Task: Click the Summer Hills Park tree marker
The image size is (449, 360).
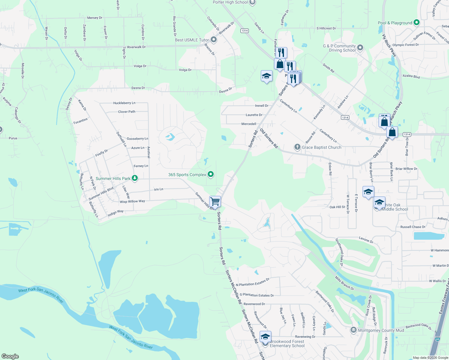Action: pos(135,178)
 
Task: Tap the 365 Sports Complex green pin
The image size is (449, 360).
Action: pos(211,174)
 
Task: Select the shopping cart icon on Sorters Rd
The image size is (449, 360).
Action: pos(215,201)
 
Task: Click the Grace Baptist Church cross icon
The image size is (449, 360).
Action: pos(297,147)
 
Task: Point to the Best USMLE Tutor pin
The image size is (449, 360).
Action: pos(214,40)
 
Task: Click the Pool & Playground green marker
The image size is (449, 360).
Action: pos(416,22)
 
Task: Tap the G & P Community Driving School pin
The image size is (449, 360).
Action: pos(360,48)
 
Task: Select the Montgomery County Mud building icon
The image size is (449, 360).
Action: pos(354,330)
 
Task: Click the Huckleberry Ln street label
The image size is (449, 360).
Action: pos(124,103)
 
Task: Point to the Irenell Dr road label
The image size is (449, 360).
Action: pos(262,106)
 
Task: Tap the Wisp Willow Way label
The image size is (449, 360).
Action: pos(132,202)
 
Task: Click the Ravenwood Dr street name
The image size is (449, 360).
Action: pos(254,304)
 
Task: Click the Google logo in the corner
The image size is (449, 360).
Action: pos(10,356)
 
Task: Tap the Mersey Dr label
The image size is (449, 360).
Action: pos(95,18)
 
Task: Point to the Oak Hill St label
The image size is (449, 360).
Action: pos(337,207)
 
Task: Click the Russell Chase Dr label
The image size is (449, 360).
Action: pos(413,227)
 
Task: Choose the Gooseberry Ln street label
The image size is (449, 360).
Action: pos(137,139)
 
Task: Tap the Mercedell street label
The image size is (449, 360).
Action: pos(249,124)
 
